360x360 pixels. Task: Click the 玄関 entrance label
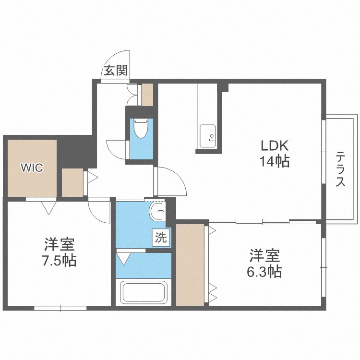116,71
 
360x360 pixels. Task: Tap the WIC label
32,168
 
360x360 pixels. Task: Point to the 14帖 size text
275,161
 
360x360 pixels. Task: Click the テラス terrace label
340,169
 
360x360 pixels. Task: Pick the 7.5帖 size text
59,260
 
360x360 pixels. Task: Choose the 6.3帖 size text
264,271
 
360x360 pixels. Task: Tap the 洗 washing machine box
161,237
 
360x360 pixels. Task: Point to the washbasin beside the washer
157,211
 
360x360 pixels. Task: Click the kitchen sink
207,136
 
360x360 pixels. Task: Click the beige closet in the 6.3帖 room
190,264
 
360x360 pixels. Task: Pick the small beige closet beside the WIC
72,182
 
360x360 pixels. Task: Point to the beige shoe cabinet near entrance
147,95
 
